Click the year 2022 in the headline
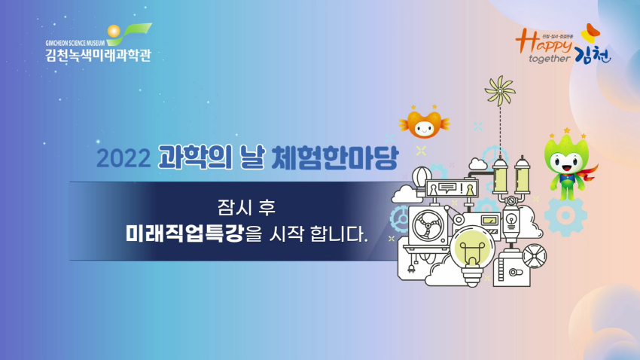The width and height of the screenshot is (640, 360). (123, 158)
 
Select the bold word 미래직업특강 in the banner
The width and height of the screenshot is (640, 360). (184, 233)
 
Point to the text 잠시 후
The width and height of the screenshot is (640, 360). (246, 207)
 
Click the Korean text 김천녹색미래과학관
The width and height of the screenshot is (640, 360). (99, 55)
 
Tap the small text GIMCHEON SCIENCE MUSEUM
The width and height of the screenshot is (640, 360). (75, 43)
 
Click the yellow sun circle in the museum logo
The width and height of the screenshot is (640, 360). (114, 31)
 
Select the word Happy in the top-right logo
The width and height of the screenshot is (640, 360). (544, 42)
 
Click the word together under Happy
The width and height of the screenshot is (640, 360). (550, 59)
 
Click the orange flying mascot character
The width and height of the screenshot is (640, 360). (425, 123)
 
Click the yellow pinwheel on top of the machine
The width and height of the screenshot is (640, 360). (500, 90)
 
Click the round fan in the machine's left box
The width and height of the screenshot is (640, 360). (428, 227)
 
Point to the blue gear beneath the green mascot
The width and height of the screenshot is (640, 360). (565, 216)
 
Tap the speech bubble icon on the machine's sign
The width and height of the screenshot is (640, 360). (448, 188)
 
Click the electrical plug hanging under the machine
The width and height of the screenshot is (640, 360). (411, 269)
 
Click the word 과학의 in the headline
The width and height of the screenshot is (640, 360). (195, 157)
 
